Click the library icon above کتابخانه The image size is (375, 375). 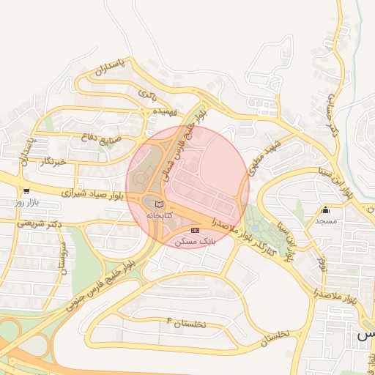point(160,204)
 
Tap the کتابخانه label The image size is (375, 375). point(160,215)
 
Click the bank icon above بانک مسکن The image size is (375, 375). point(195,230)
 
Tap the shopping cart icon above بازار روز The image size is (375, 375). point(26,190)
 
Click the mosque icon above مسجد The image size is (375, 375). point(325,209)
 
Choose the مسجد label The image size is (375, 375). point(325,220)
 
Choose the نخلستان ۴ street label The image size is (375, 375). point(186,323)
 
